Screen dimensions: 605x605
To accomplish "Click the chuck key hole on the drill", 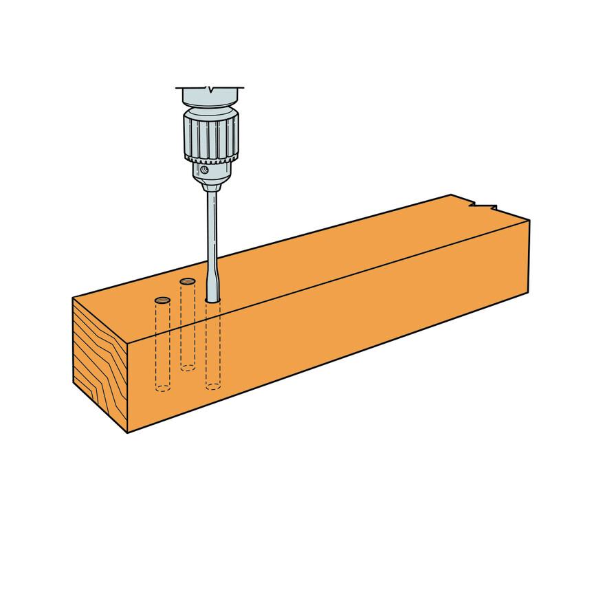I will pos(205,170).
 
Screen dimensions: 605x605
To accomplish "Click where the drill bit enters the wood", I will pos(213,300).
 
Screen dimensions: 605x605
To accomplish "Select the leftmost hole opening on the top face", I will pos(162,300).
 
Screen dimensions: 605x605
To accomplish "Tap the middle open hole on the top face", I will pos(187,281).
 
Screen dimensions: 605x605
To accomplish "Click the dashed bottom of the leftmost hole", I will pos(162,388).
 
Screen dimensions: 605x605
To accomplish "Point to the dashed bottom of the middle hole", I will pos(188,368).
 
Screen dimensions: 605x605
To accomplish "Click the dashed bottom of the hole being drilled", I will pos(213,386).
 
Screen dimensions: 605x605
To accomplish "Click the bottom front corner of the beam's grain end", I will pos(128,432).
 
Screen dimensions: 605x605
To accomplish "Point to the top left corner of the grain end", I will pos(73,298).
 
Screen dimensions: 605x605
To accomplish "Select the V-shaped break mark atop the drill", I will pos(210,89).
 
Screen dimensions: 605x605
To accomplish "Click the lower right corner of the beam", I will pos(528,292).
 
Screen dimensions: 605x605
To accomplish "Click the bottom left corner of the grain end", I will pos(74,382).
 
